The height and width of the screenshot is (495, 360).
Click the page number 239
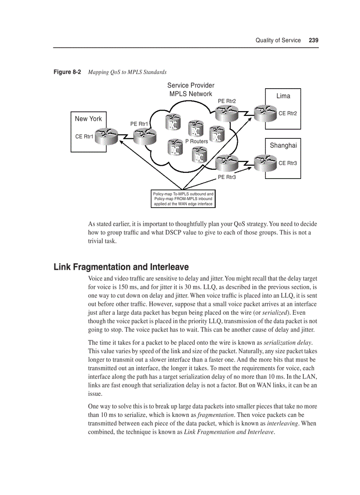click(x=313, y=40)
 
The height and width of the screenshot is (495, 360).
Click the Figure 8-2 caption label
click(x=67, y=72)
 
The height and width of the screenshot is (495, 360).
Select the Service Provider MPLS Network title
click(x=191, y=89)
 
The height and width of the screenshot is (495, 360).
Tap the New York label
click(x=88, y=119)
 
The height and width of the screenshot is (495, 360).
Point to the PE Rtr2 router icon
click(x=227, y=113)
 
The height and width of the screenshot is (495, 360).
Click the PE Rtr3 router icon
click(x=227, y=163)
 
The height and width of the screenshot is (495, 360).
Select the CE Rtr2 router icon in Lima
click(x=266, y=113)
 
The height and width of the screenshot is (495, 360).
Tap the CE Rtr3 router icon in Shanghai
click(x=266, y=163)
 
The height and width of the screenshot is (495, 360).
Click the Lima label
click(x=283, y=96)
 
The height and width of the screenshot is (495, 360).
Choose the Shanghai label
click(x=283, y=145)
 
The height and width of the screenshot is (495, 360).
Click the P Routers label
click(x=196, y=141)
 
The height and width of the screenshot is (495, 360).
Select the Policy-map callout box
click(x=183, y=199)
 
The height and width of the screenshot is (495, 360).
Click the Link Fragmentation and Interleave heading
click(x=121, y=267)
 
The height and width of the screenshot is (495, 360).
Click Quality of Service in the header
click(x=278, y=40)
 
